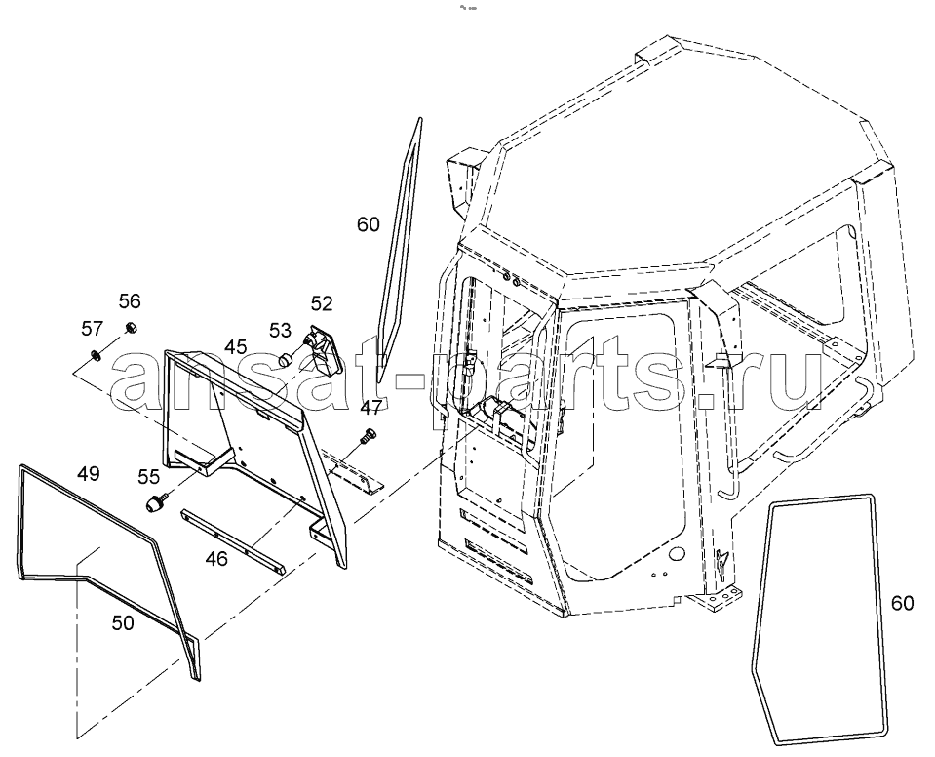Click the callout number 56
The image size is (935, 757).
tap(130, 301)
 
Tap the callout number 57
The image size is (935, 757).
tap(93, 328)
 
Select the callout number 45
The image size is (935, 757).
tap(236, 346)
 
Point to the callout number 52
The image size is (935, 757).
tap(322, 303)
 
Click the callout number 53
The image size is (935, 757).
tap(280, 330)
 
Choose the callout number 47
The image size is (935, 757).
tap(371, 408)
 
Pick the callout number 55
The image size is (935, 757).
tap(148, 476)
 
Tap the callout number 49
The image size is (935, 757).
tap(89, 474)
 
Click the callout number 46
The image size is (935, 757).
tap(216, 559)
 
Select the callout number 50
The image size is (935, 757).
tap(123, 623)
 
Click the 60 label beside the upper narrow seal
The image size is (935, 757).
tap(368, 224)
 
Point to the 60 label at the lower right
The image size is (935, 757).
tap(902, 604)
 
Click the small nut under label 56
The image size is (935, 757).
tap(129, 327)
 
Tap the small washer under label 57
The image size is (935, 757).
tap(94, 355)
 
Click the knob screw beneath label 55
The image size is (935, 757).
tap(157, 501)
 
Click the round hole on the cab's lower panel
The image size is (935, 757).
tap(676, 554)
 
